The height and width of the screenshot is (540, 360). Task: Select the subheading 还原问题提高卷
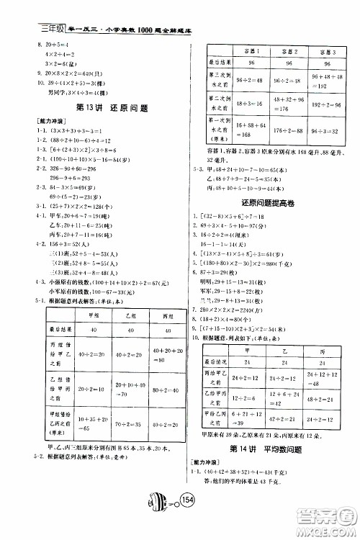[266, 204]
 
